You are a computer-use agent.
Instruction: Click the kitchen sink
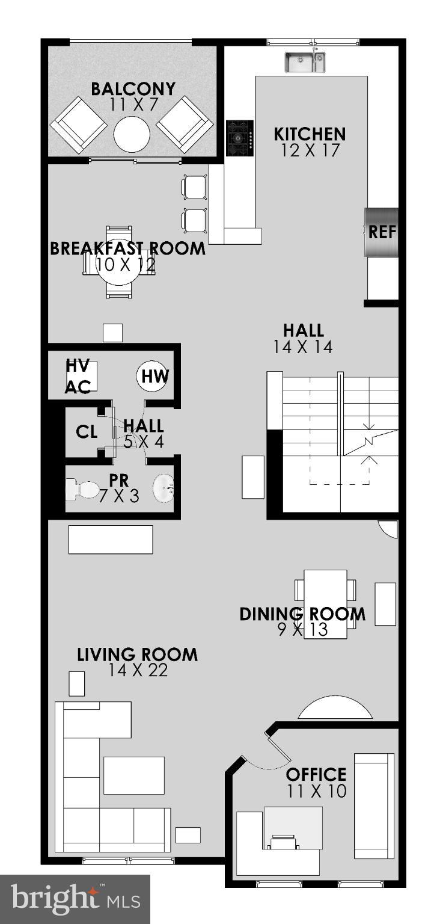pos(304,62)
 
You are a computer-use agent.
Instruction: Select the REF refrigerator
pos(382,232)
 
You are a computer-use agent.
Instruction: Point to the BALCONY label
pos(133,89)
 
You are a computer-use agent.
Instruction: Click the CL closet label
pos(87,432)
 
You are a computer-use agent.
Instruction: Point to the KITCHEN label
pos(310,134)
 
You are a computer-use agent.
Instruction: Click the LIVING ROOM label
pos(137,654)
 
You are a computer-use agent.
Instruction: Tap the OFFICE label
pos(316,774)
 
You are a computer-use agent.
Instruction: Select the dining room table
pos(325,603)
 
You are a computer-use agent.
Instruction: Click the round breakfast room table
pos(121,262)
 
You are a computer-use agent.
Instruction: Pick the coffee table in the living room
pos(134,775)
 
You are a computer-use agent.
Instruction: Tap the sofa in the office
pos(374,805)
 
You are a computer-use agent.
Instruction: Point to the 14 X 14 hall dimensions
pos(304,346)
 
